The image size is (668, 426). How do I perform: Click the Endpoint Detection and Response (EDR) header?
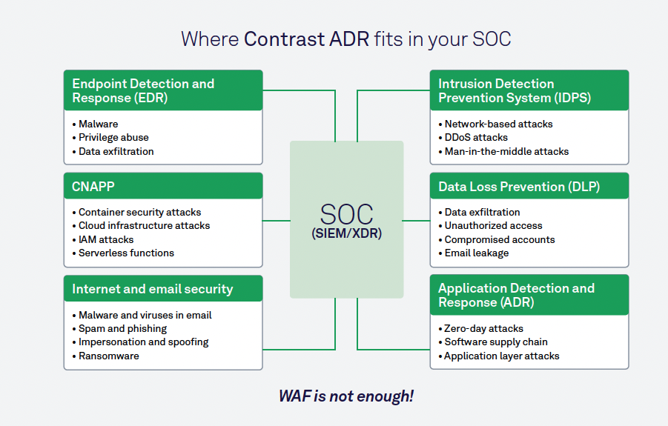click(143, 90)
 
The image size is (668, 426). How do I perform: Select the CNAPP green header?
click(93, 187)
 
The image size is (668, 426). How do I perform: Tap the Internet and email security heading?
click(153, 289)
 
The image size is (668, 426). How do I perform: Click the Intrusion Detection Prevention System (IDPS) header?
click(515, 90)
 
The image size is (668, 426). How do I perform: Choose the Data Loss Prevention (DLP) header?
click(519, 187)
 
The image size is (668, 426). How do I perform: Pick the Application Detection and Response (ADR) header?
click(516, 295)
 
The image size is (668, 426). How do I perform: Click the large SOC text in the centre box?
click(346, 214)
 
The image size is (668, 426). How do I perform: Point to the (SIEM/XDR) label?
click(346, 234)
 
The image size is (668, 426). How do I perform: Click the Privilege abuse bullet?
click(113, 138)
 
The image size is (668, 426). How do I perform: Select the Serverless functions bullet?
click(126, 253)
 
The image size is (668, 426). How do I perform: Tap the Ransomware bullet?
click(109, 356)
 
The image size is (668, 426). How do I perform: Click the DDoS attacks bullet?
click(476, 138)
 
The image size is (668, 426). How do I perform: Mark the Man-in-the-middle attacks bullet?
click(506, 152)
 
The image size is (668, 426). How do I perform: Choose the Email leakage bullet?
click(477, 253)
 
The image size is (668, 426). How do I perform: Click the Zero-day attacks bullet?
click(483, 328)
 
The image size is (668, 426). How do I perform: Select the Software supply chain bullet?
click(496, 342)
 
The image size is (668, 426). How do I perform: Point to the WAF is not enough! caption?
click(346, 396)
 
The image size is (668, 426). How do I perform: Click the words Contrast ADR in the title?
click(306, 39)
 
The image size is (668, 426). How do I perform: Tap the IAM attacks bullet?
click(106, 239)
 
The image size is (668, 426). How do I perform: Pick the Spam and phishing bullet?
click(122, 328)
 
